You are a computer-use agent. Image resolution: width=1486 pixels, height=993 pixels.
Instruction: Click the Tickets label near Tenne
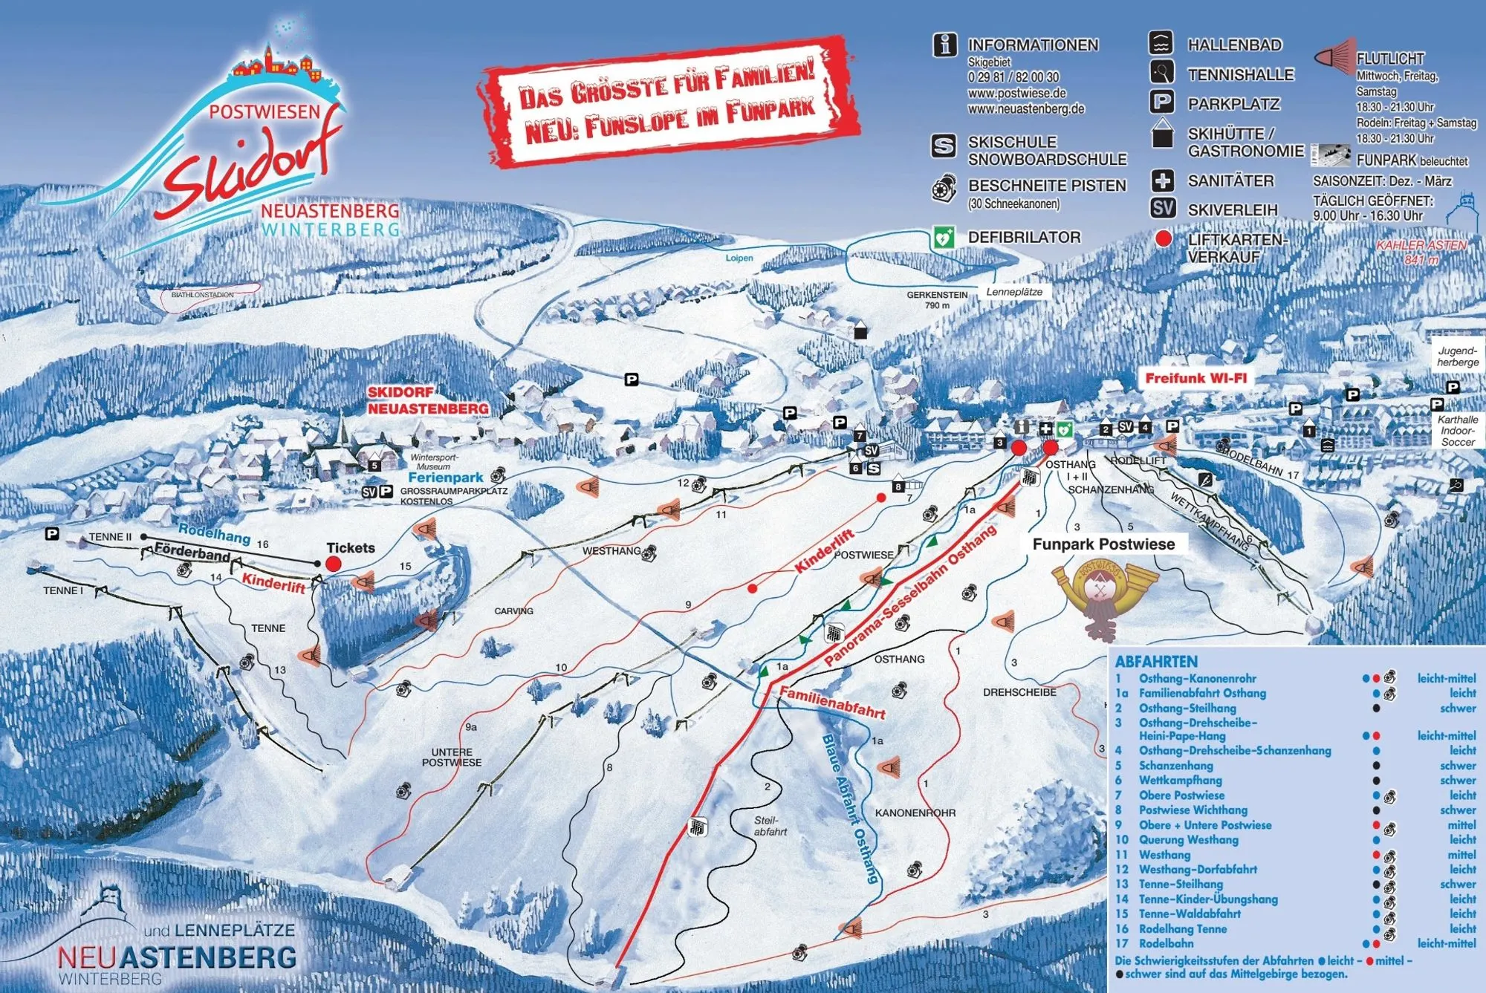[x=351, y=548]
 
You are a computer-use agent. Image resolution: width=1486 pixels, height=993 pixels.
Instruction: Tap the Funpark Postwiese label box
[x=1103, y=544]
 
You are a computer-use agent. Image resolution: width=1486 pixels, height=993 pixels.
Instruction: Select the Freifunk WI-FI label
[x=1195, y=378]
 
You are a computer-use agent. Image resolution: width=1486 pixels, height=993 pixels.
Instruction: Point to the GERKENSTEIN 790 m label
[x=937, y=300]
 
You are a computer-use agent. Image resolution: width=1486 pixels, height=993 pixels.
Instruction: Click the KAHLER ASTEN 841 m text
[x=1421, y=253]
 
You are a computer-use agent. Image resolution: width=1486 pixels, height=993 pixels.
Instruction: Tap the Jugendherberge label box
[x=1457, y=357]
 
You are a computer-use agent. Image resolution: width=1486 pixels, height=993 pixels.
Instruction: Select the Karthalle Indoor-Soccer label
[x=1457, y=431]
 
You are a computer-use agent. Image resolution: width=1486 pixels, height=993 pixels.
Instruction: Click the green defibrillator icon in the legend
[x=944, y=238]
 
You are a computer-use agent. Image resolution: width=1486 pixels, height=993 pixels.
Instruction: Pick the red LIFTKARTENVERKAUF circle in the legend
[x=1163, y=239]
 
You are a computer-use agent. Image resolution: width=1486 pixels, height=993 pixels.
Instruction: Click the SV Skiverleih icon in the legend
[x=1163, y=209]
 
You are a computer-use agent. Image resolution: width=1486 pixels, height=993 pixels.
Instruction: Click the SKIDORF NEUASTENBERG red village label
[x=427, y=400]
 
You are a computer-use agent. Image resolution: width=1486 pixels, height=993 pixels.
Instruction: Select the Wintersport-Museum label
[x=434, y=462]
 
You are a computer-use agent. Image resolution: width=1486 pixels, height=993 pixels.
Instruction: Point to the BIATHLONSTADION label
[x=202, y=295]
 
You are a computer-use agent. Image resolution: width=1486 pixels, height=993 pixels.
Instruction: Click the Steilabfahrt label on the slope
[x=769, y=827]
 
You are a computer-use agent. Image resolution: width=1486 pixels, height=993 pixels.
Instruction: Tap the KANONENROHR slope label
[x=915, y=813]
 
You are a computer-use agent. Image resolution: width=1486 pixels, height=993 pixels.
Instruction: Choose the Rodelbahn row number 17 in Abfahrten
[x=1122, y=943]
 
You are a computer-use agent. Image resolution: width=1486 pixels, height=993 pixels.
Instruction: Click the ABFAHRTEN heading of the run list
[x=1156, y=662]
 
